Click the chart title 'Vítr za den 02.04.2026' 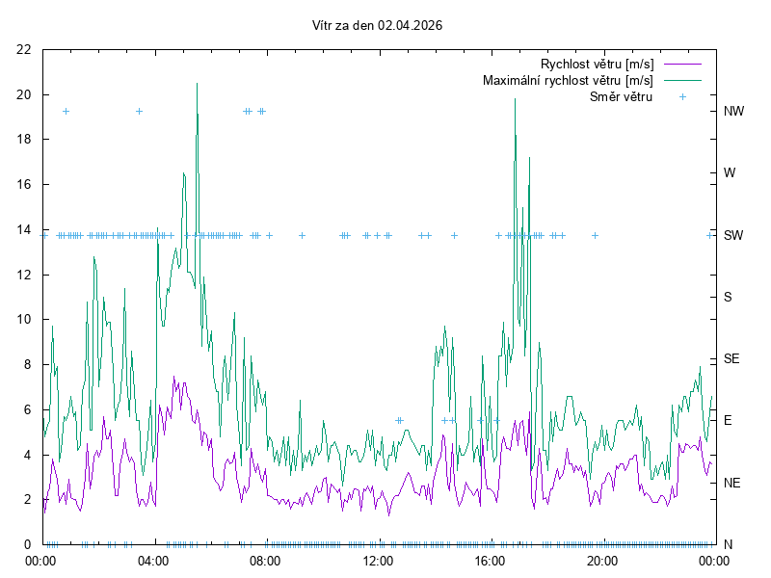tap(378, 25)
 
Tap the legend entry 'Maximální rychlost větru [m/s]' tap(568, 80)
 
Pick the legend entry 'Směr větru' tap(621, 96)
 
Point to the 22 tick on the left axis tap(24, 49)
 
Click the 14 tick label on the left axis tap(24, 229)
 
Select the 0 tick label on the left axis tap(28, 544)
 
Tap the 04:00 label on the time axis tap(152, 561)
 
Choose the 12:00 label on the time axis tap(377, 561)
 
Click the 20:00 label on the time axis tap(602, 561)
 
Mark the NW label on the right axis tap(733, 111)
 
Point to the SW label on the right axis tap(732, 235)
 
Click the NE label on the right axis tap(731, 483)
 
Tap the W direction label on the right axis tap(730, 173)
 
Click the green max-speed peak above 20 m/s tap(197, 84)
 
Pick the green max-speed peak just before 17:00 tap(515, 99)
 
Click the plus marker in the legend tap(681, 96)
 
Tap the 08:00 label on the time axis tap(264, 561)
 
